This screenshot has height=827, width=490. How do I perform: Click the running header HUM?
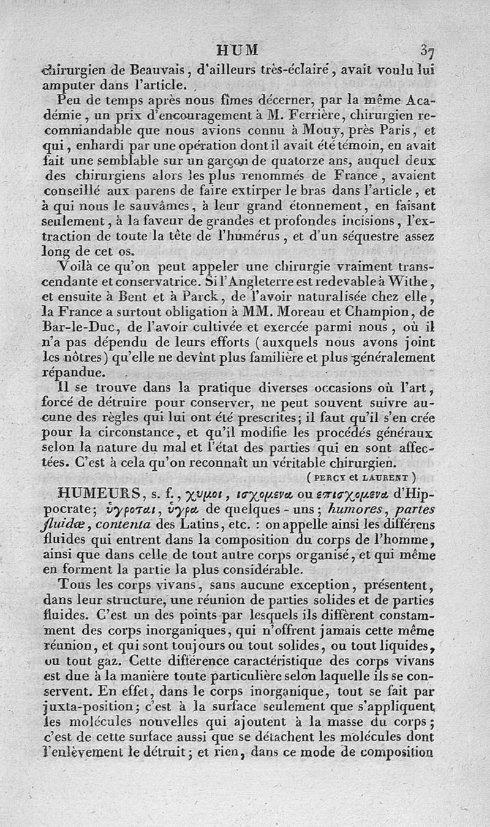coord(238,49)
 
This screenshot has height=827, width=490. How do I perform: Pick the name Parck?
coord(203,297)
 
